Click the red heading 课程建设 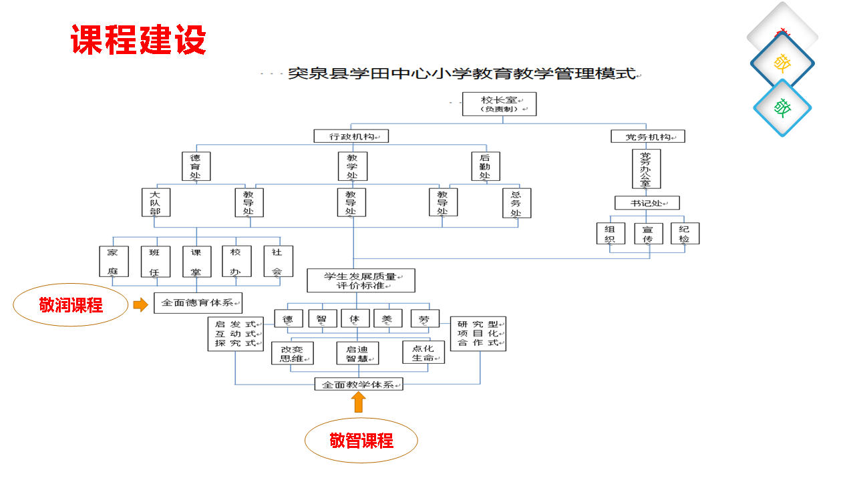[x=138, y=40]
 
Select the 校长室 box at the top [x=499, y=104]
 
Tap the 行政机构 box [x=351, y=136]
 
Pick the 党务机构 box [x=648, y=137]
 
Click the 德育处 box [x=196, y=166]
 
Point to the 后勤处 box [x=485, y=166]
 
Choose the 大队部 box [x=156, y=202]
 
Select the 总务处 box [x=516, y=203]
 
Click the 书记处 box [x=647, y=203]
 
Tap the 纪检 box [x=685, y=233]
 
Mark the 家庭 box [x=113, y=261]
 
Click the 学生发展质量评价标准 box [x=361, y=280]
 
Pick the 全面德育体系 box [x=198, y=302]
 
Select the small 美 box [x=387, y=318]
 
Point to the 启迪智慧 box [x=357, y=353]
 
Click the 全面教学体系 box [x=359, y=385]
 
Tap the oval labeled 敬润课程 [x=71, y=305]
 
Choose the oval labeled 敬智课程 [x=361, y=440]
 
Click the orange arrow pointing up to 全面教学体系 [x=359, y=402]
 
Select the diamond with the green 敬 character [x=782, y=107]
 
